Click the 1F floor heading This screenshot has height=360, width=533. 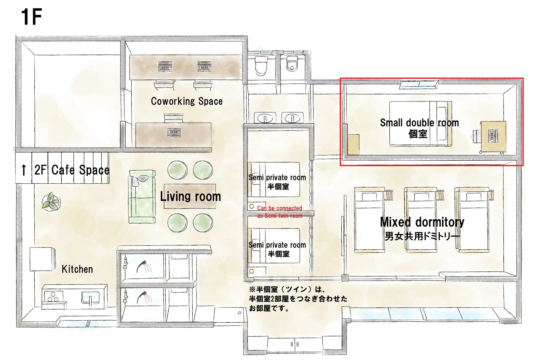31,17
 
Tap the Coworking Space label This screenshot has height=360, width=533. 187,101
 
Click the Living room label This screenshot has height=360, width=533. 190,197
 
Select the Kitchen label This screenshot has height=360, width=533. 77,269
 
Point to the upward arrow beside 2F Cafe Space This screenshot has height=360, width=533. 24,170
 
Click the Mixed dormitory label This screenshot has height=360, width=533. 422,222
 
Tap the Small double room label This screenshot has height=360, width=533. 420,123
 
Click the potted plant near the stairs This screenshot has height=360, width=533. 51,201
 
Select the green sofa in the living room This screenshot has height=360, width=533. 142,197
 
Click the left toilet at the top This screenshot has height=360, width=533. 261,66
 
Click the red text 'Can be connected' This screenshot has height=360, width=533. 280,208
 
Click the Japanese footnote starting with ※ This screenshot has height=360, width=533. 298,299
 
